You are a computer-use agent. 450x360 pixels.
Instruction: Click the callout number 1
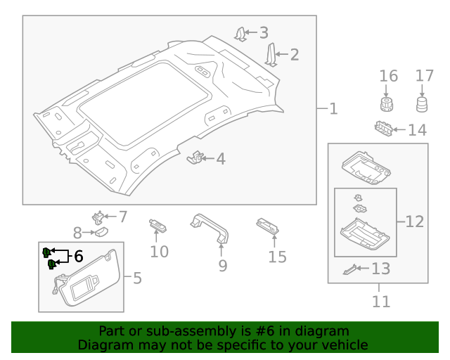click(333, 109)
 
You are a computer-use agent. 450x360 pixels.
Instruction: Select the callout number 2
click(294, 54)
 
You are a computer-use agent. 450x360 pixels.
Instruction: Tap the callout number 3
click(264, 32)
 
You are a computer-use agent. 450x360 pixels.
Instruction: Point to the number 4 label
click(221, 159)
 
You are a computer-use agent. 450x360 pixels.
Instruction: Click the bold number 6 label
click(78, 257)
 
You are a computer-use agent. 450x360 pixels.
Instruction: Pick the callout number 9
click(222, 266)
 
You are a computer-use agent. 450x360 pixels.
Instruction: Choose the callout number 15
click(278, 257)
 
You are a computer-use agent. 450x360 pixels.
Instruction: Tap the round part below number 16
click(385, 105)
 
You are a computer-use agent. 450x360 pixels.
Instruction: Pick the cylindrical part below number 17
click(422, 105)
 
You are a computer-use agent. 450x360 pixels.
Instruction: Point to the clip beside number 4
click(195, 158)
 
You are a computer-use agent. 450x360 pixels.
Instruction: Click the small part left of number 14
click(383, 129)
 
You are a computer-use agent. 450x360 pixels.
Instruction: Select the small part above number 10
click(157, 226)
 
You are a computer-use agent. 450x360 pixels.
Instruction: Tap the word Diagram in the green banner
click(105, 345)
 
